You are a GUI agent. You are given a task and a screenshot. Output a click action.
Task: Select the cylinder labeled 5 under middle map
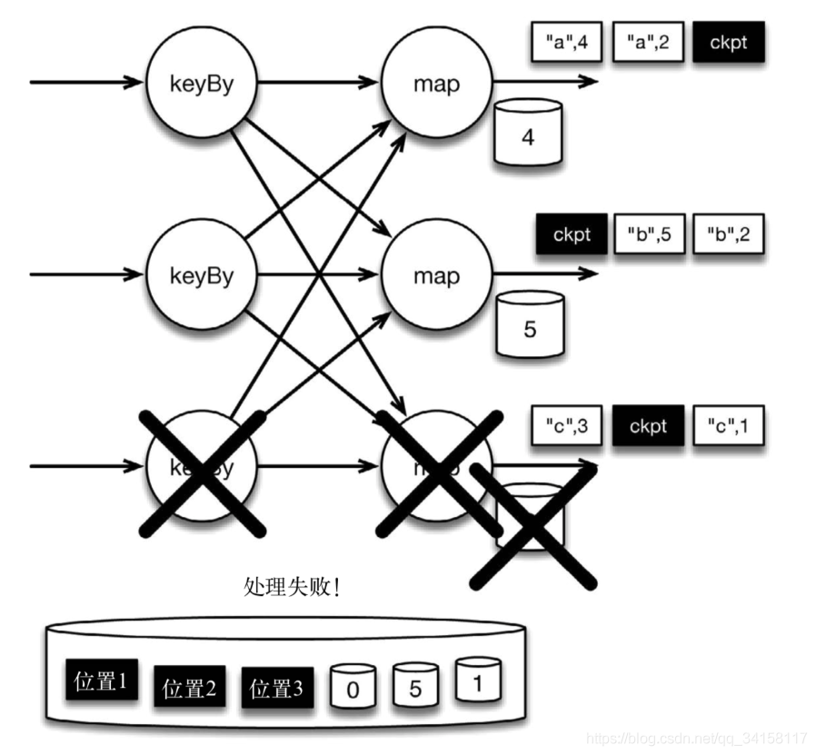point(529,325)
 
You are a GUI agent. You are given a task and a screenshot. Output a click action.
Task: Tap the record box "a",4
point(567,42)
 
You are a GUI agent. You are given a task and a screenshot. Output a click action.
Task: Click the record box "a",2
point(648,42)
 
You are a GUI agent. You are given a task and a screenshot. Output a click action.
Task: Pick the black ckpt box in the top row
point(729,42)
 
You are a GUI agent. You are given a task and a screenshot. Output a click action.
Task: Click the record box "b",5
point(648,234)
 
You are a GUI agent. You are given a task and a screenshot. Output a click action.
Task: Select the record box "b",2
point(729,234)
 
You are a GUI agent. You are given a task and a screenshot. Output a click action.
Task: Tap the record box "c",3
point(567,425)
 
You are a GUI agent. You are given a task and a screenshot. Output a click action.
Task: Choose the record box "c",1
point(729,425)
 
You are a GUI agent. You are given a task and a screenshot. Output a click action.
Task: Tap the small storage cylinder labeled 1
point(478,680)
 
